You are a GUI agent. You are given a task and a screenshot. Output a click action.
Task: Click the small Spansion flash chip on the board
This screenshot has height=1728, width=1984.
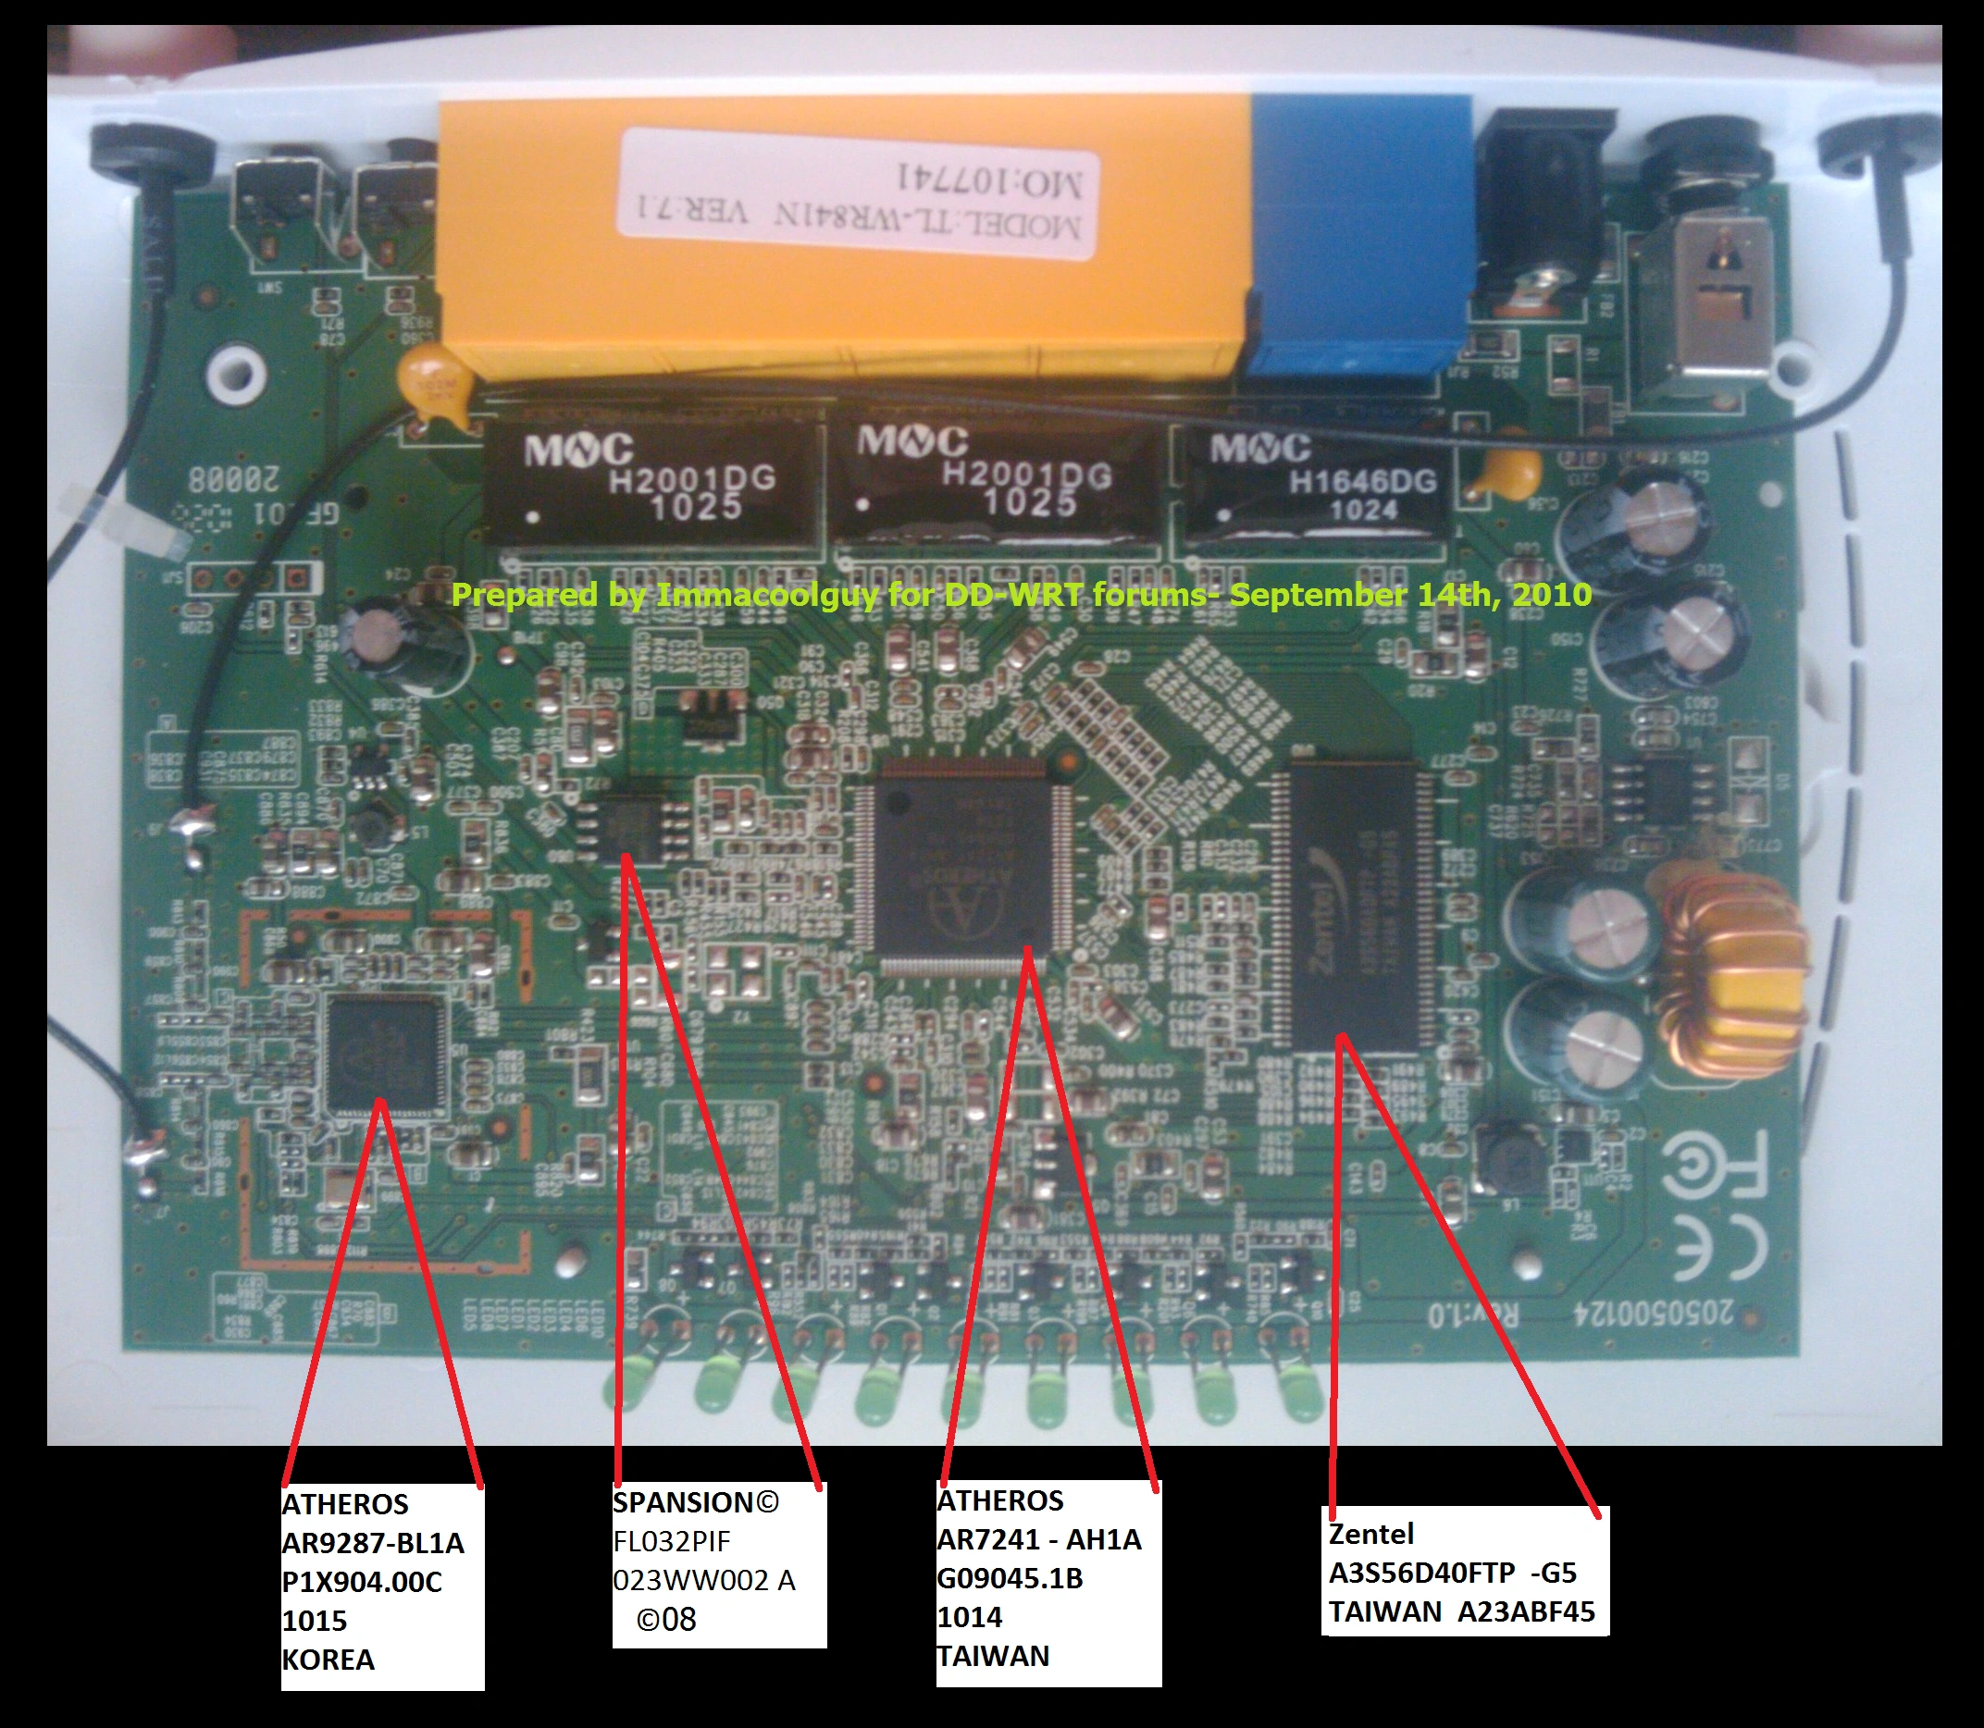point(632,826)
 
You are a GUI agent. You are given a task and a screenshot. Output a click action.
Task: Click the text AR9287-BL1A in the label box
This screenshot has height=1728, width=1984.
point(372,1543)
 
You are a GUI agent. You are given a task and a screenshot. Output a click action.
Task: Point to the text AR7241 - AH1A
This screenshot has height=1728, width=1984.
point(1038,1539)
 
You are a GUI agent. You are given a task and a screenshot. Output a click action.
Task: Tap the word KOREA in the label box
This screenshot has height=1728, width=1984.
point(328,1660)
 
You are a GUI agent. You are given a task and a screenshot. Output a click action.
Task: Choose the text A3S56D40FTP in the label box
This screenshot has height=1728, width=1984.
point(1420,1573)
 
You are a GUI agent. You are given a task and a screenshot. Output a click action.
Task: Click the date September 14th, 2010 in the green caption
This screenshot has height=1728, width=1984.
point(1410,594)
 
